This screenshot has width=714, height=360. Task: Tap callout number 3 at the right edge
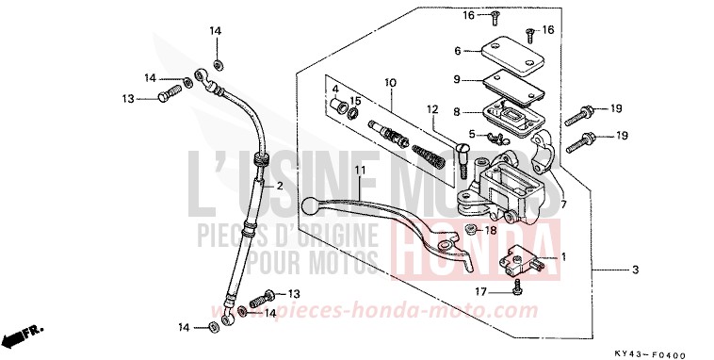(635, 270)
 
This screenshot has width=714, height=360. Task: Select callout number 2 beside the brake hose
(279, 187)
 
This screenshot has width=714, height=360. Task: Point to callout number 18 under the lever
(491, 230)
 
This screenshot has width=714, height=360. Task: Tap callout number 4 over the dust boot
(334, 90)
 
